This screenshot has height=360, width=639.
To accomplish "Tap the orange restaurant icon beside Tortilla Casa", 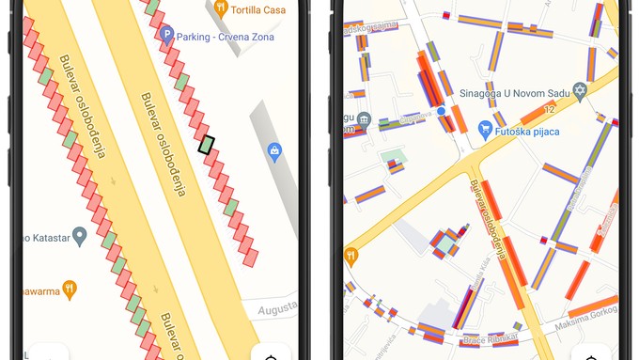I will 221,8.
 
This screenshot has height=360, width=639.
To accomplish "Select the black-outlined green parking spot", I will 207,145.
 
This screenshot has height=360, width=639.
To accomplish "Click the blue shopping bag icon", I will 274,150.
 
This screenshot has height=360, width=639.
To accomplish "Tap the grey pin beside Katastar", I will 80,236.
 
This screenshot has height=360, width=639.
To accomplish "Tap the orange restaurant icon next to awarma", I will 70,289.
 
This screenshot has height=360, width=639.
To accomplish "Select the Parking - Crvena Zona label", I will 224,36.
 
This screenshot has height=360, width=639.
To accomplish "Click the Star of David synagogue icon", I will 580,91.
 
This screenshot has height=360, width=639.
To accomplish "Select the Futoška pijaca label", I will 528,133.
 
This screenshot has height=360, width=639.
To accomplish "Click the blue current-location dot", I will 442,112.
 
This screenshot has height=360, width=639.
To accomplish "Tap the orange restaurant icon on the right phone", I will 351,255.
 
